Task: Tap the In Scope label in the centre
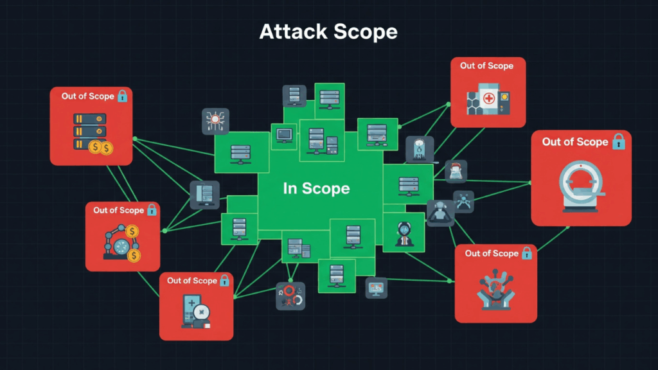[316, 188]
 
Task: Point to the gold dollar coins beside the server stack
[101, 148]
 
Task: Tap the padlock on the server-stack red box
[122, 96]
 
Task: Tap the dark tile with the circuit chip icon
[216, 121]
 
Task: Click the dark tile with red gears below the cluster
[290, 296]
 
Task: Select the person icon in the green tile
[403, 231]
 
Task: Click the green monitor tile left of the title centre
[283, 135]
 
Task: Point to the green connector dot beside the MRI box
[530, 182]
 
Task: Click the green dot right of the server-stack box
[134, 138]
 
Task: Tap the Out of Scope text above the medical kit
[486, 66]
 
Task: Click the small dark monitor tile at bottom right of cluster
[377, 287]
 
